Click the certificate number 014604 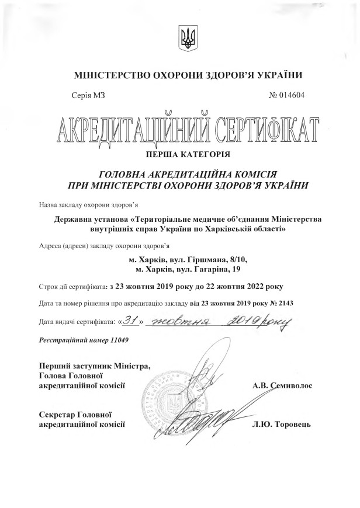click(x=291, y=95)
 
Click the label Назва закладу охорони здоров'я click(x=88, y=206)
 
